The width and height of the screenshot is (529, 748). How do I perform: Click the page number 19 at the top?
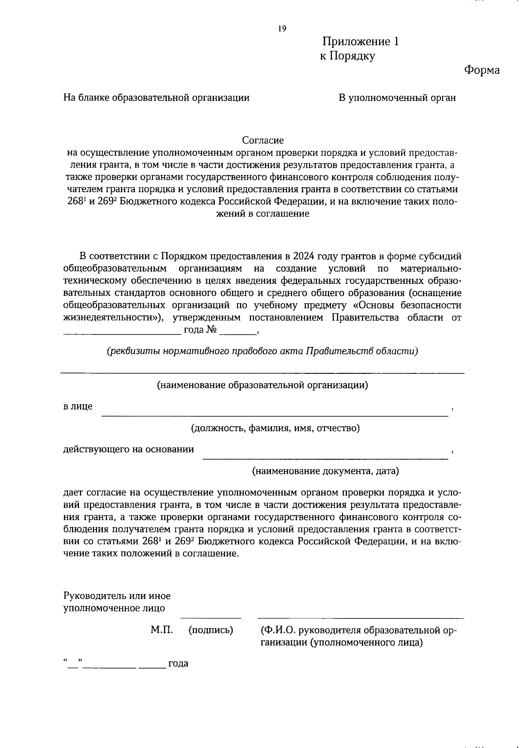(x=282, y=29)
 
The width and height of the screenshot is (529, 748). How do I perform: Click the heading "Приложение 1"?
(x=361, y=42)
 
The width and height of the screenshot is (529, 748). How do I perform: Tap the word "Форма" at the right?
(x=482, y=70)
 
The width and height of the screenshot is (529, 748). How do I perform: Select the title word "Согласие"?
(x=263, y=141)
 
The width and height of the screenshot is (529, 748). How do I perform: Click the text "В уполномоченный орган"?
(x=397, y=98)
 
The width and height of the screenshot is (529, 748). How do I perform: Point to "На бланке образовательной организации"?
(x=156, y=98)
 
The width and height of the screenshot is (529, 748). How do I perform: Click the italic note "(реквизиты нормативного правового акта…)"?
(x=262, y=351)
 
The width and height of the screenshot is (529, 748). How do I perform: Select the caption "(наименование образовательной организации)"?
(x=262, y=385)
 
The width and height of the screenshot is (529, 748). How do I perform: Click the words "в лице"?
(x=78, y=406)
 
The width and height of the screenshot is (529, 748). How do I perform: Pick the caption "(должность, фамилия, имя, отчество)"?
(x=275, y=428)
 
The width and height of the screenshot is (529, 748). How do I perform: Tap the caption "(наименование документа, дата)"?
(x=325, y=471)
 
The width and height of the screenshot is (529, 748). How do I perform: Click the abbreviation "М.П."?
(x=161, y=630)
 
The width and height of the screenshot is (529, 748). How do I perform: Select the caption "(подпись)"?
(x=211, y=630)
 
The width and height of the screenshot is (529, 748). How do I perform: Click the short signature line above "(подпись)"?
(x=211, y=618)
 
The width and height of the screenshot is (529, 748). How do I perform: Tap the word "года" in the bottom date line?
(x=178, y=663)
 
